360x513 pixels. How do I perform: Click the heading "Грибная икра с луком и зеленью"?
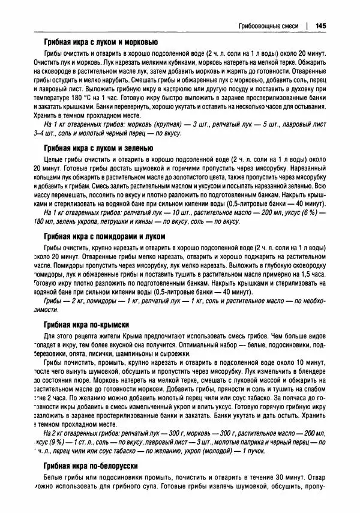point(98,148)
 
